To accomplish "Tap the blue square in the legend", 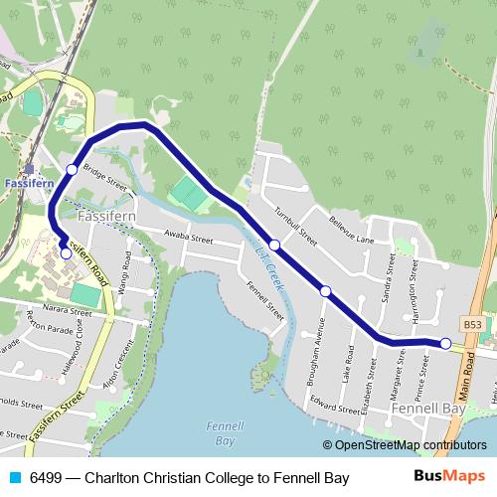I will (15, 478).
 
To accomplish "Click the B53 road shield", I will (472, 325).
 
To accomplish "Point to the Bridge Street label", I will (104, 177).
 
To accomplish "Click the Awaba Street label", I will (188, 239).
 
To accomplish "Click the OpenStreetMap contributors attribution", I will (405, 445).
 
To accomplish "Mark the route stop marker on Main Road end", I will (445, 344).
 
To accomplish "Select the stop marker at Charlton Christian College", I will (66, 253).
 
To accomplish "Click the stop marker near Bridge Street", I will (72, 170).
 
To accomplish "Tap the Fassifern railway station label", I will (28, 184).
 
